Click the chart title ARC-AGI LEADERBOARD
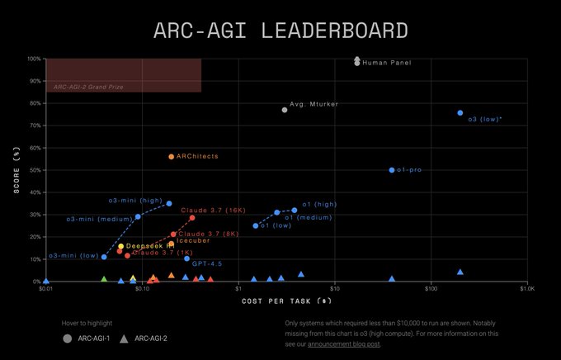[280, 31]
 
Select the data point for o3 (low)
[460, 113]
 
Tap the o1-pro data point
[392, 170]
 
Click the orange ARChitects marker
[171, 157]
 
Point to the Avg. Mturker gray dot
[285, 110]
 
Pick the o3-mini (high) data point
[169, 203]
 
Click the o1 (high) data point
[295, 210]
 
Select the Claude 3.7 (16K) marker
[192, 218]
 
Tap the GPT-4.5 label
[207, 263]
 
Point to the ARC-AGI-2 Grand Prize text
[88, 87]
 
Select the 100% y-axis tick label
[33, 59]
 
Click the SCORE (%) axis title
[16, 170]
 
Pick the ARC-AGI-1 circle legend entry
[87, 339]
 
